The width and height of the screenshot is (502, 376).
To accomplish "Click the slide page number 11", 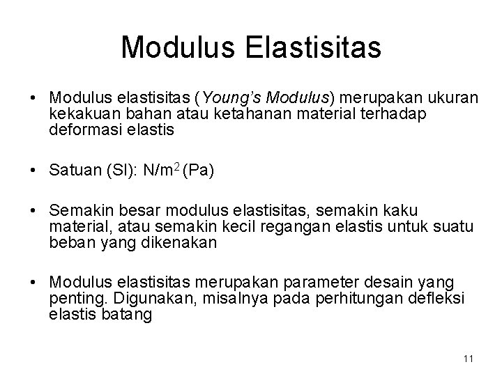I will tap(468, 359).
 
